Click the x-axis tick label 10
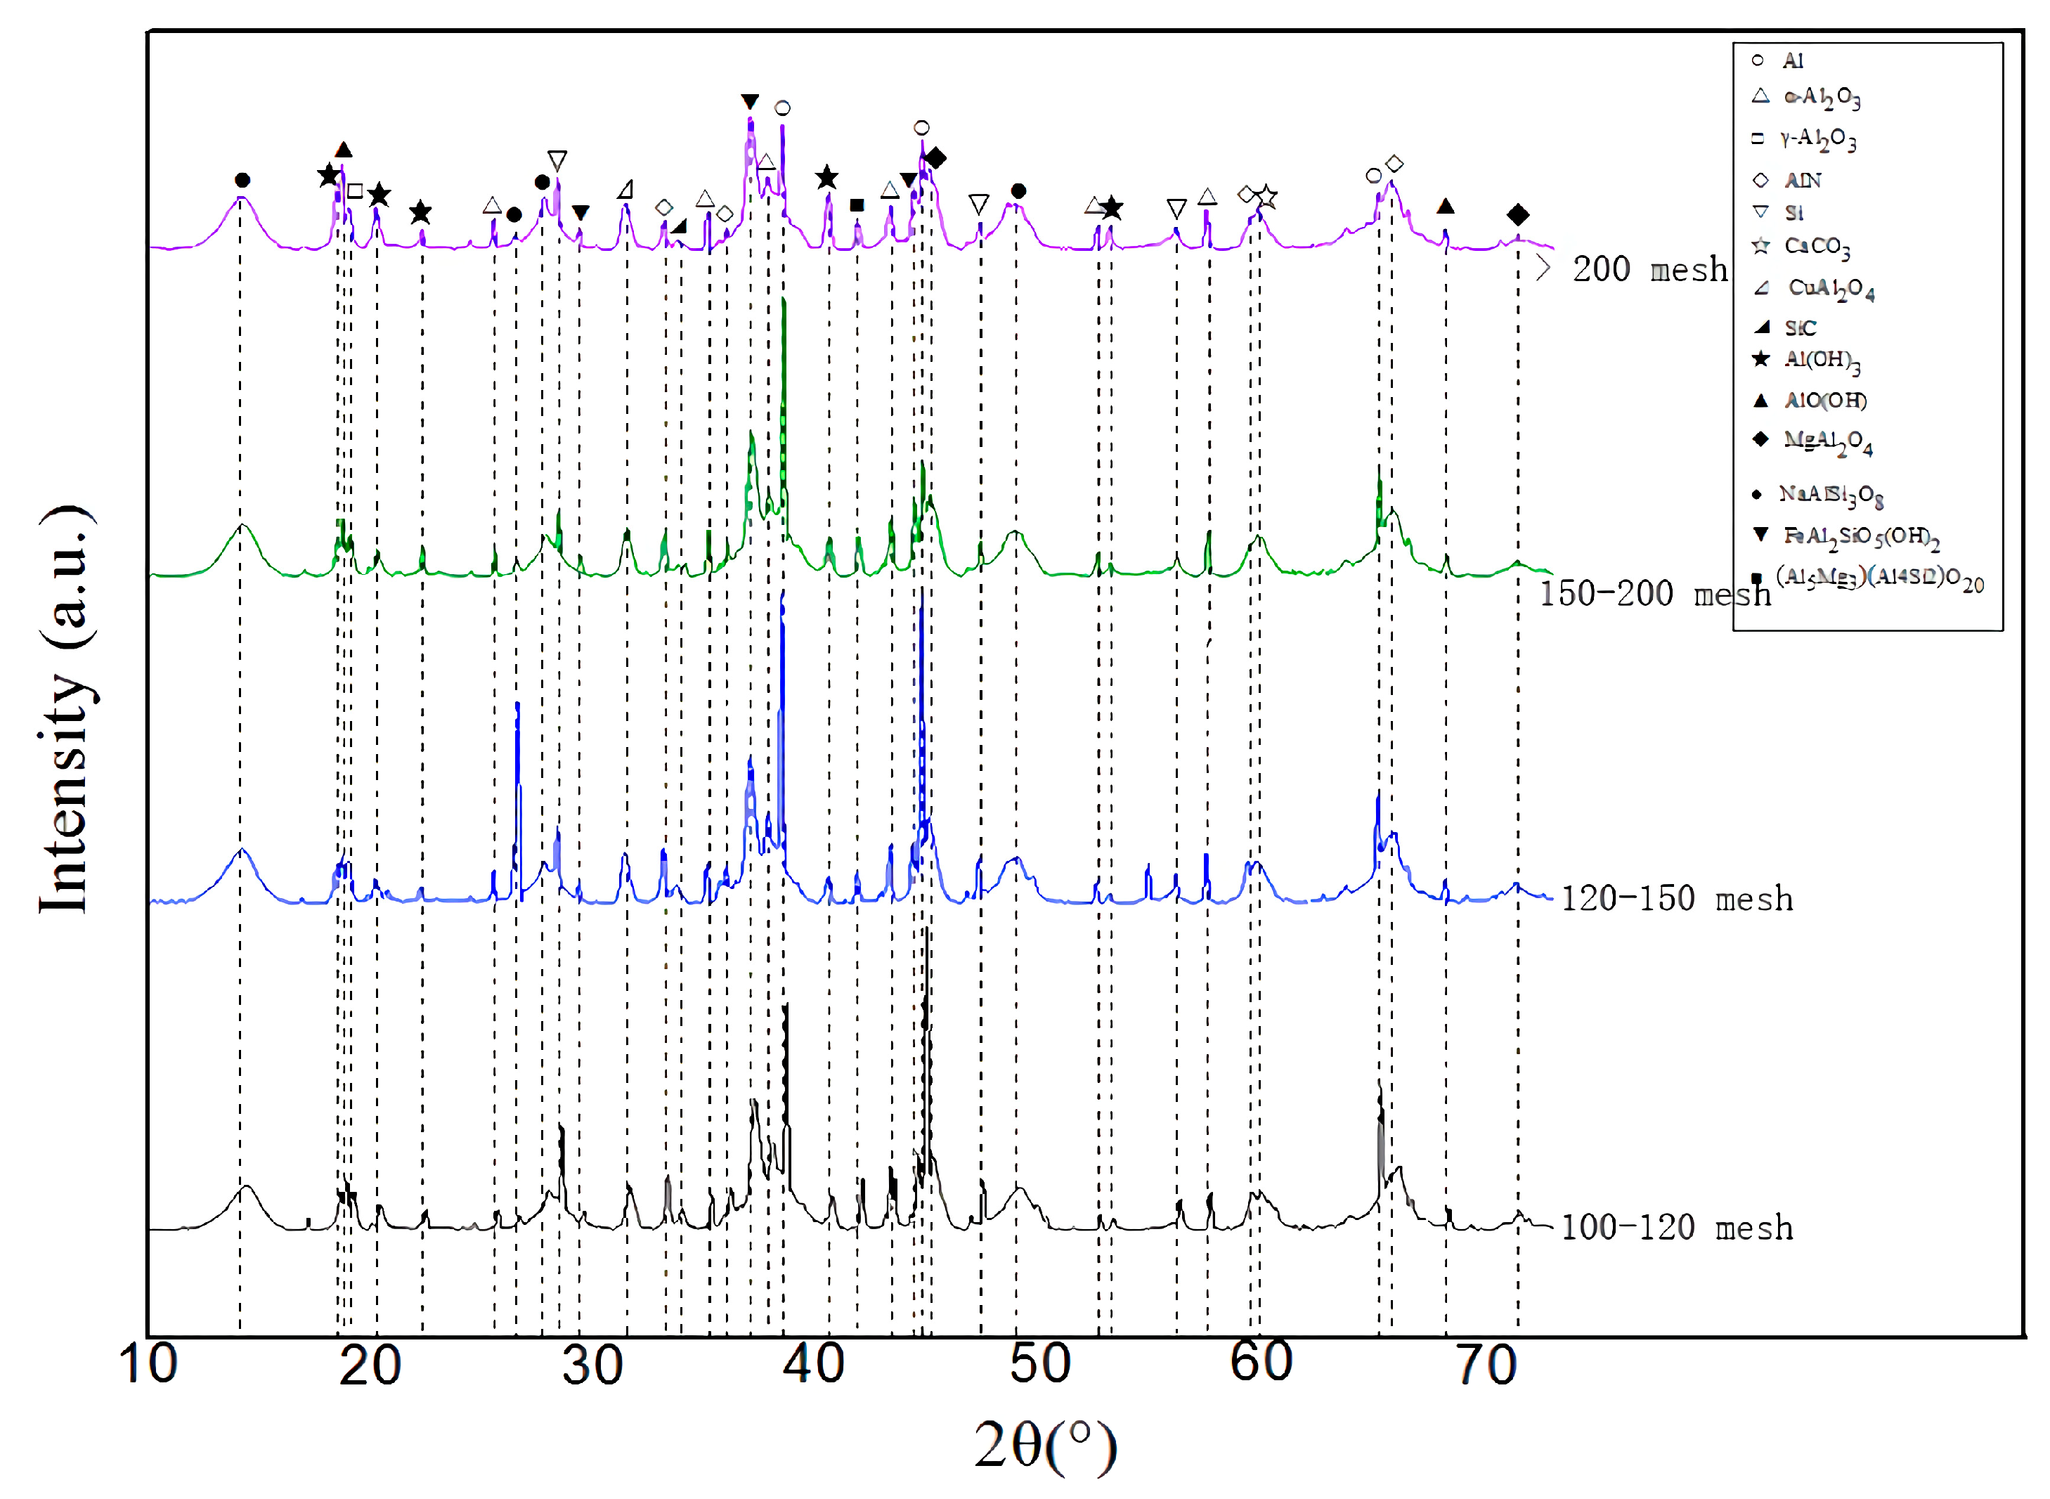coord(148,1364)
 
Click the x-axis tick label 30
coord(592,1365)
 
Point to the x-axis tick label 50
coord(1039,1364)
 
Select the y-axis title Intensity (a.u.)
coord(65,710)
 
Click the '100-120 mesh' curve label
coord(1676,1228)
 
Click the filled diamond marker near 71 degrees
coord(1517,215)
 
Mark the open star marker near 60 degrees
coord(1267,197)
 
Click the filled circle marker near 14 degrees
coord(241,181)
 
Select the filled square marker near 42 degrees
coord(857,206)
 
